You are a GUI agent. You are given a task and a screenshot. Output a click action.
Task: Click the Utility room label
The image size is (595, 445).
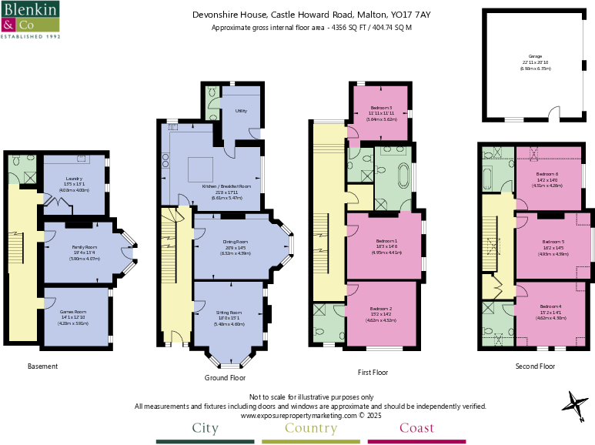tap(240, 112)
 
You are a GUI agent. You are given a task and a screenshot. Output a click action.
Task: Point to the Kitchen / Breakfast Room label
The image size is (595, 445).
tap(226, 186)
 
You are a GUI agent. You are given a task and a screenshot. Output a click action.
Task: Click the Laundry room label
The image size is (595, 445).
tap(74, 179)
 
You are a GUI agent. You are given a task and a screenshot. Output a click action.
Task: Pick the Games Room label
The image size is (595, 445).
tap(74, 312)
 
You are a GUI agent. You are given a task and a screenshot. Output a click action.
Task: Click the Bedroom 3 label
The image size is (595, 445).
tap(380, 109)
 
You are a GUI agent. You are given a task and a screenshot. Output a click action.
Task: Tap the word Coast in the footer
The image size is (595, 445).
tap(416, 428)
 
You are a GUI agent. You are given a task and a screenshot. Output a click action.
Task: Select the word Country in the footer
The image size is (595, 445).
tap(310, 428)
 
